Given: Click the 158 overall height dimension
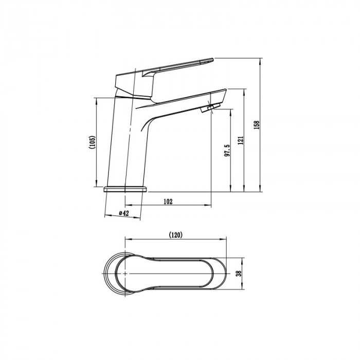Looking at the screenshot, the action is click(x=257, y=125).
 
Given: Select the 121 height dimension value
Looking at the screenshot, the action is click(x=241, y=140).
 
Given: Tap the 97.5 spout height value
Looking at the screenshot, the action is click(x=227, y=151).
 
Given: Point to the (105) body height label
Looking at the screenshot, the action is click(x=92, y=142).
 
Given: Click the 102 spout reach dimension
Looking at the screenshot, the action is click(x=168, y=202).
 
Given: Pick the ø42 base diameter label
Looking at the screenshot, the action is click(x=124, y=213).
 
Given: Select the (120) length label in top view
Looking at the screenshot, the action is click(x=176, y=235).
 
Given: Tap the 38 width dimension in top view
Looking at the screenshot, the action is click(x=239, y=273).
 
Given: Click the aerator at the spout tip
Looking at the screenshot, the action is click(x=210, y=108).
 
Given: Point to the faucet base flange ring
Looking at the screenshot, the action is click(x=125, y=189).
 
